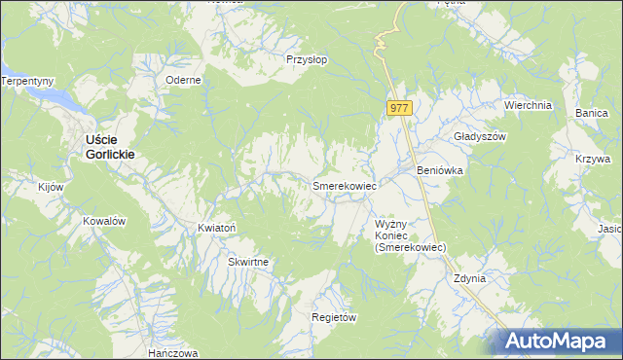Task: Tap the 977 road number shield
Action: coord(400,109)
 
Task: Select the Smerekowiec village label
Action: coord(344,185)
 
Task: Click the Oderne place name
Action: coord(183,81)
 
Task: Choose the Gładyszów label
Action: coord(481,137)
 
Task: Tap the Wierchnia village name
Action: coord(528,105)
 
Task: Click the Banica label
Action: coord(591,114)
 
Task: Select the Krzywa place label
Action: coord(592,159)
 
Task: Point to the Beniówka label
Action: coord(439,170)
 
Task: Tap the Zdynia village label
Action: coord(469,278)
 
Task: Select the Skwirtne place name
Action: coord(248,263)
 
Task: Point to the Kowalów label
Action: coord(105,221)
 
